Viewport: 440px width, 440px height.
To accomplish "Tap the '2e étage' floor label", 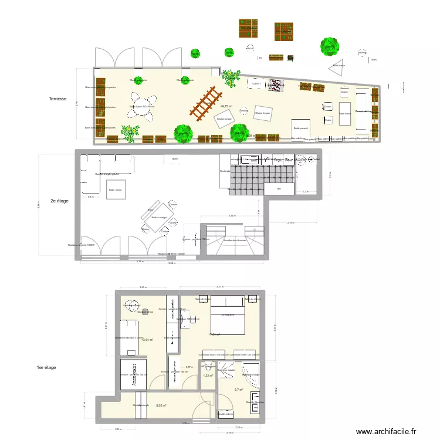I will tap(60, 201).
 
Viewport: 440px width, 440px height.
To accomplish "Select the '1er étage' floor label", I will tap(46, 367).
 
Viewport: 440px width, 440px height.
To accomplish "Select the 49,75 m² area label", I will tap(226, 107).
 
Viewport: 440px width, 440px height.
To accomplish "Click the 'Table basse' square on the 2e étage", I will tap(115, 190).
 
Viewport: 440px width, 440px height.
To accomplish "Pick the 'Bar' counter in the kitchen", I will tap(279, 189).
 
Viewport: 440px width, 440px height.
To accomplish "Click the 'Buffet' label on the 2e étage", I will tap(175, 159).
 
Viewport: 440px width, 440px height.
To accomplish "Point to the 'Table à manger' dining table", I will tap(158, 218).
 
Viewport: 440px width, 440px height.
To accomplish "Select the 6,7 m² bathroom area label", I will tap(239, 390).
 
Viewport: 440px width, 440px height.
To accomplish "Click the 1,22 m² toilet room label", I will tap(207, 375).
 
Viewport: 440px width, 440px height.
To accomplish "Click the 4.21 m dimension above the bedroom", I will tap(219, 287).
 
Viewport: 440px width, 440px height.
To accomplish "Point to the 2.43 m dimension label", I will tap(143, 287).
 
